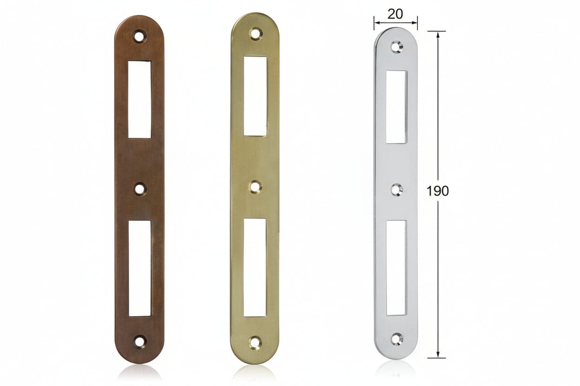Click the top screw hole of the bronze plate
tap(139, 36)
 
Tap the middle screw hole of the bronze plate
tap(140, 189)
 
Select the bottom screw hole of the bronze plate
tap(140, 341)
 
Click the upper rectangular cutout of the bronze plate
tap(139, 99)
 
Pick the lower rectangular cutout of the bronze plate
tap(140, 268)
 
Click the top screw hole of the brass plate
tap(256, 33)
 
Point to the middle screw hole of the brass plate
tap(256, 187)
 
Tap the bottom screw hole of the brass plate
tap(255, 342)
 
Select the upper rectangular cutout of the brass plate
tap(255, 96)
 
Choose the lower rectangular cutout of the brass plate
tap(255, 268)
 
